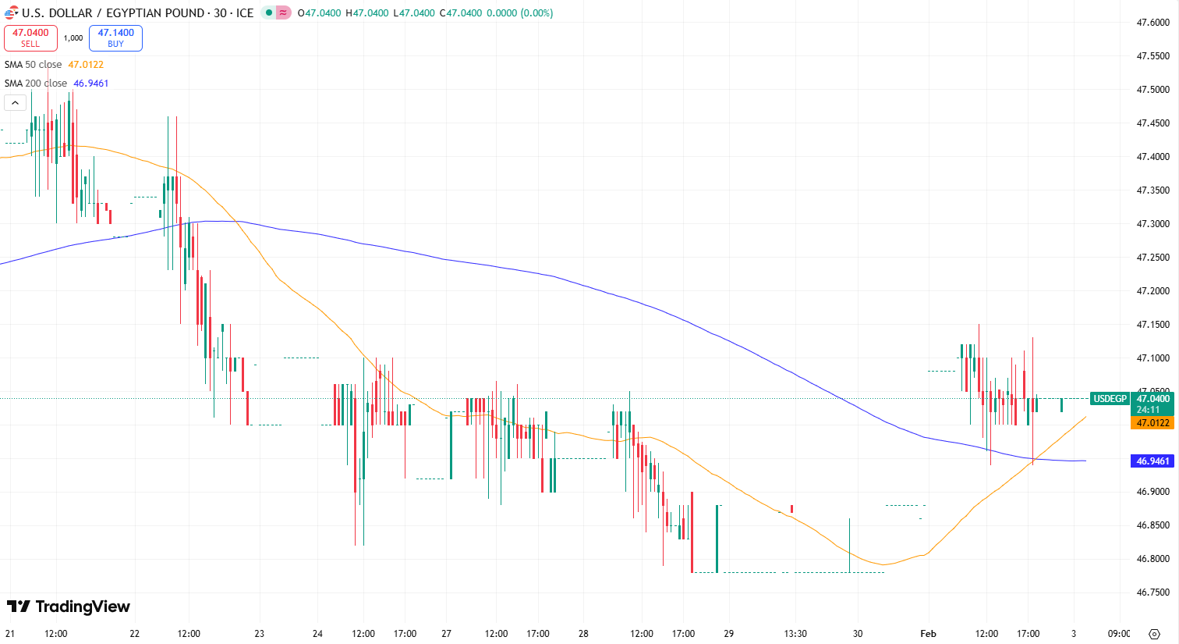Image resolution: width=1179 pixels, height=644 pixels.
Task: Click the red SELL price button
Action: (30, 37)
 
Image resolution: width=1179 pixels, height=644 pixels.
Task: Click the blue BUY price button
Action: (115, 37)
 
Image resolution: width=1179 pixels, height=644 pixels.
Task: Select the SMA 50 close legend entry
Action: (34, 65)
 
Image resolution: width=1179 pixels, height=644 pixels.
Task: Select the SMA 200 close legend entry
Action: (36, 84)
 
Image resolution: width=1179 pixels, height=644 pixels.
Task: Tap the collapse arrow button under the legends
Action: (15, 103)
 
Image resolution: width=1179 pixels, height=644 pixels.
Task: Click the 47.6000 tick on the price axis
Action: (1153, 23)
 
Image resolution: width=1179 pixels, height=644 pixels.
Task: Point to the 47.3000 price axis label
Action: (1153, 224)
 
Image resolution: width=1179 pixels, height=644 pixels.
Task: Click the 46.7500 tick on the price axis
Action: (1153, 592)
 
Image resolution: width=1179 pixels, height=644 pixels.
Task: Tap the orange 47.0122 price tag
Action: (1152, 423)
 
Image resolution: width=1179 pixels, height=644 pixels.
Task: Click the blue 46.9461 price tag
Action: (1152, 461)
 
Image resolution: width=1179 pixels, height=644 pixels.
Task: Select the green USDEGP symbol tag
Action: (1110, 399)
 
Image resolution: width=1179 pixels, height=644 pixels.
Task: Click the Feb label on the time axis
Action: (928, 634)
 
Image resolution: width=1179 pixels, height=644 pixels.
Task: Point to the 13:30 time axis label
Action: (795, 634)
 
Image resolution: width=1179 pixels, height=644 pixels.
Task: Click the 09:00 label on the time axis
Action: (1119, 634)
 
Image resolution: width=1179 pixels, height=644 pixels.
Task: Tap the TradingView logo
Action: (69, 607)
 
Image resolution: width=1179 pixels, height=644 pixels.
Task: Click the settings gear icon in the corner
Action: (1155, 634)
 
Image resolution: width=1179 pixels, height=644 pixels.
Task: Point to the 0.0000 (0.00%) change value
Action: (519, 13)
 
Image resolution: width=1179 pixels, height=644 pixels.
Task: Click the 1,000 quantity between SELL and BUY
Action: (73, 37)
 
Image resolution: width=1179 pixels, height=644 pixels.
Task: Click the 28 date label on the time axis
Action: (583, 634)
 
